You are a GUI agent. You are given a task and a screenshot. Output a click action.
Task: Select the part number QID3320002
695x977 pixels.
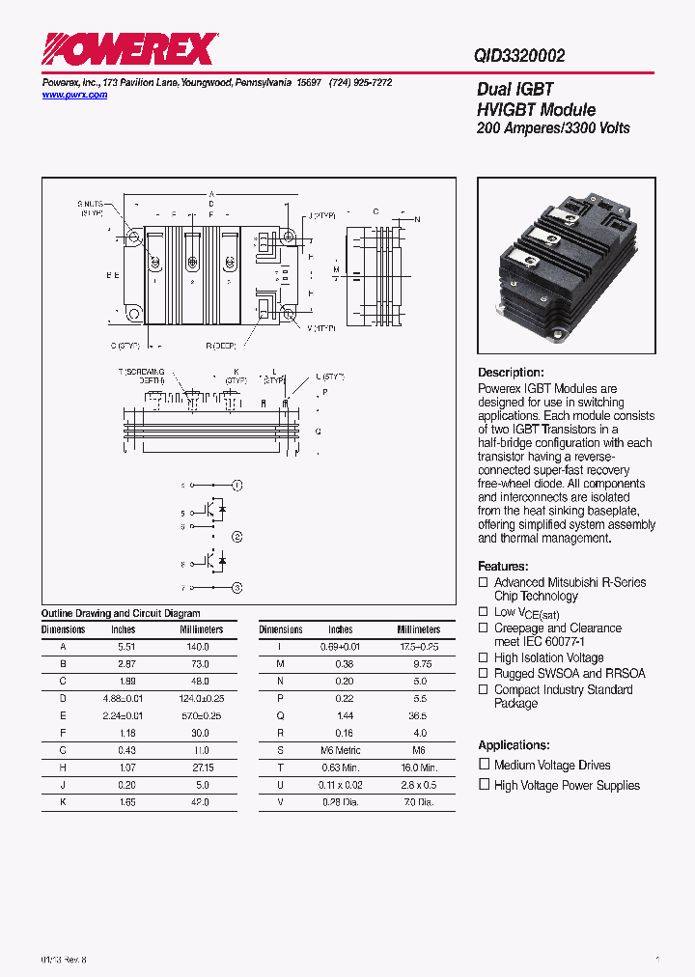pos(519,56)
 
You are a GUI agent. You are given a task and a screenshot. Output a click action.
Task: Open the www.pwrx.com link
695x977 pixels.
pos(75,96)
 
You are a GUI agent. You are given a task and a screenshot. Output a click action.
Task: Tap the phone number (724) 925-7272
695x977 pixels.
pos(361,83)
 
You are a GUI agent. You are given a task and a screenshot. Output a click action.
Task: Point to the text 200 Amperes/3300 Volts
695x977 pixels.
pos(553,128)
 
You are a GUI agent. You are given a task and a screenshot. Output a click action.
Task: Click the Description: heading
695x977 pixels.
pos(511,373)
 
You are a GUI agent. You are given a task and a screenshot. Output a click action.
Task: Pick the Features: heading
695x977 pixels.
pos(503,566)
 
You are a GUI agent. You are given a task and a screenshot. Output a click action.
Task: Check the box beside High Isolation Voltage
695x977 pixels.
pos(485,657)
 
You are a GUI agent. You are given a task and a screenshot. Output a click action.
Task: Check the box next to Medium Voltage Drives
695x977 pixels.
pos(485,764)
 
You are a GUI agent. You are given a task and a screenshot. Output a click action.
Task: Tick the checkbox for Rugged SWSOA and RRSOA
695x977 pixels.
pos(485,673)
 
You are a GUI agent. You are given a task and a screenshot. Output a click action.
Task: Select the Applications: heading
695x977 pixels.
pos(514,745)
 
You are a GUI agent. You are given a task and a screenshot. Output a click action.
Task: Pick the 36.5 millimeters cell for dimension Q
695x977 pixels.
pos(418,716)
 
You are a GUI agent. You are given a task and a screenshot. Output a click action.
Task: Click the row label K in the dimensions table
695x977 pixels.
pos(64,802)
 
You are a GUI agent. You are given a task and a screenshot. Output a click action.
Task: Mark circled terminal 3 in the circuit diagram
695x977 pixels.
pos(237,587)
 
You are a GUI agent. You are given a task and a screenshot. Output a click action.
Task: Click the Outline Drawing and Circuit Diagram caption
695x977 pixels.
pos(121,613)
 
